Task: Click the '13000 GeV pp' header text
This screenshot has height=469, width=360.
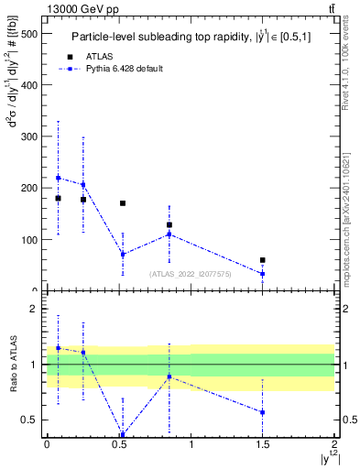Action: click(x=84, y=9)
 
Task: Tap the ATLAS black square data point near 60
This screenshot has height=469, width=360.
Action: click(x=262, y=260)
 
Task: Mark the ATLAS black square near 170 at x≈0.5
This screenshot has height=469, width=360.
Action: click(x=123, y=203)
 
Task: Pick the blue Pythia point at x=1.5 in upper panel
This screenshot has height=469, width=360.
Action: click(x=262, y=274)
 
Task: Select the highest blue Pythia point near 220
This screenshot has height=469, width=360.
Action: click(x=58, y=178)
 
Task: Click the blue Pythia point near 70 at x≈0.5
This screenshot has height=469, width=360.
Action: click(x=123, y=255)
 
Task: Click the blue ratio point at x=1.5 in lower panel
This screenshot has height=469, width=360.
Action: click(x=262, y=412)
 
